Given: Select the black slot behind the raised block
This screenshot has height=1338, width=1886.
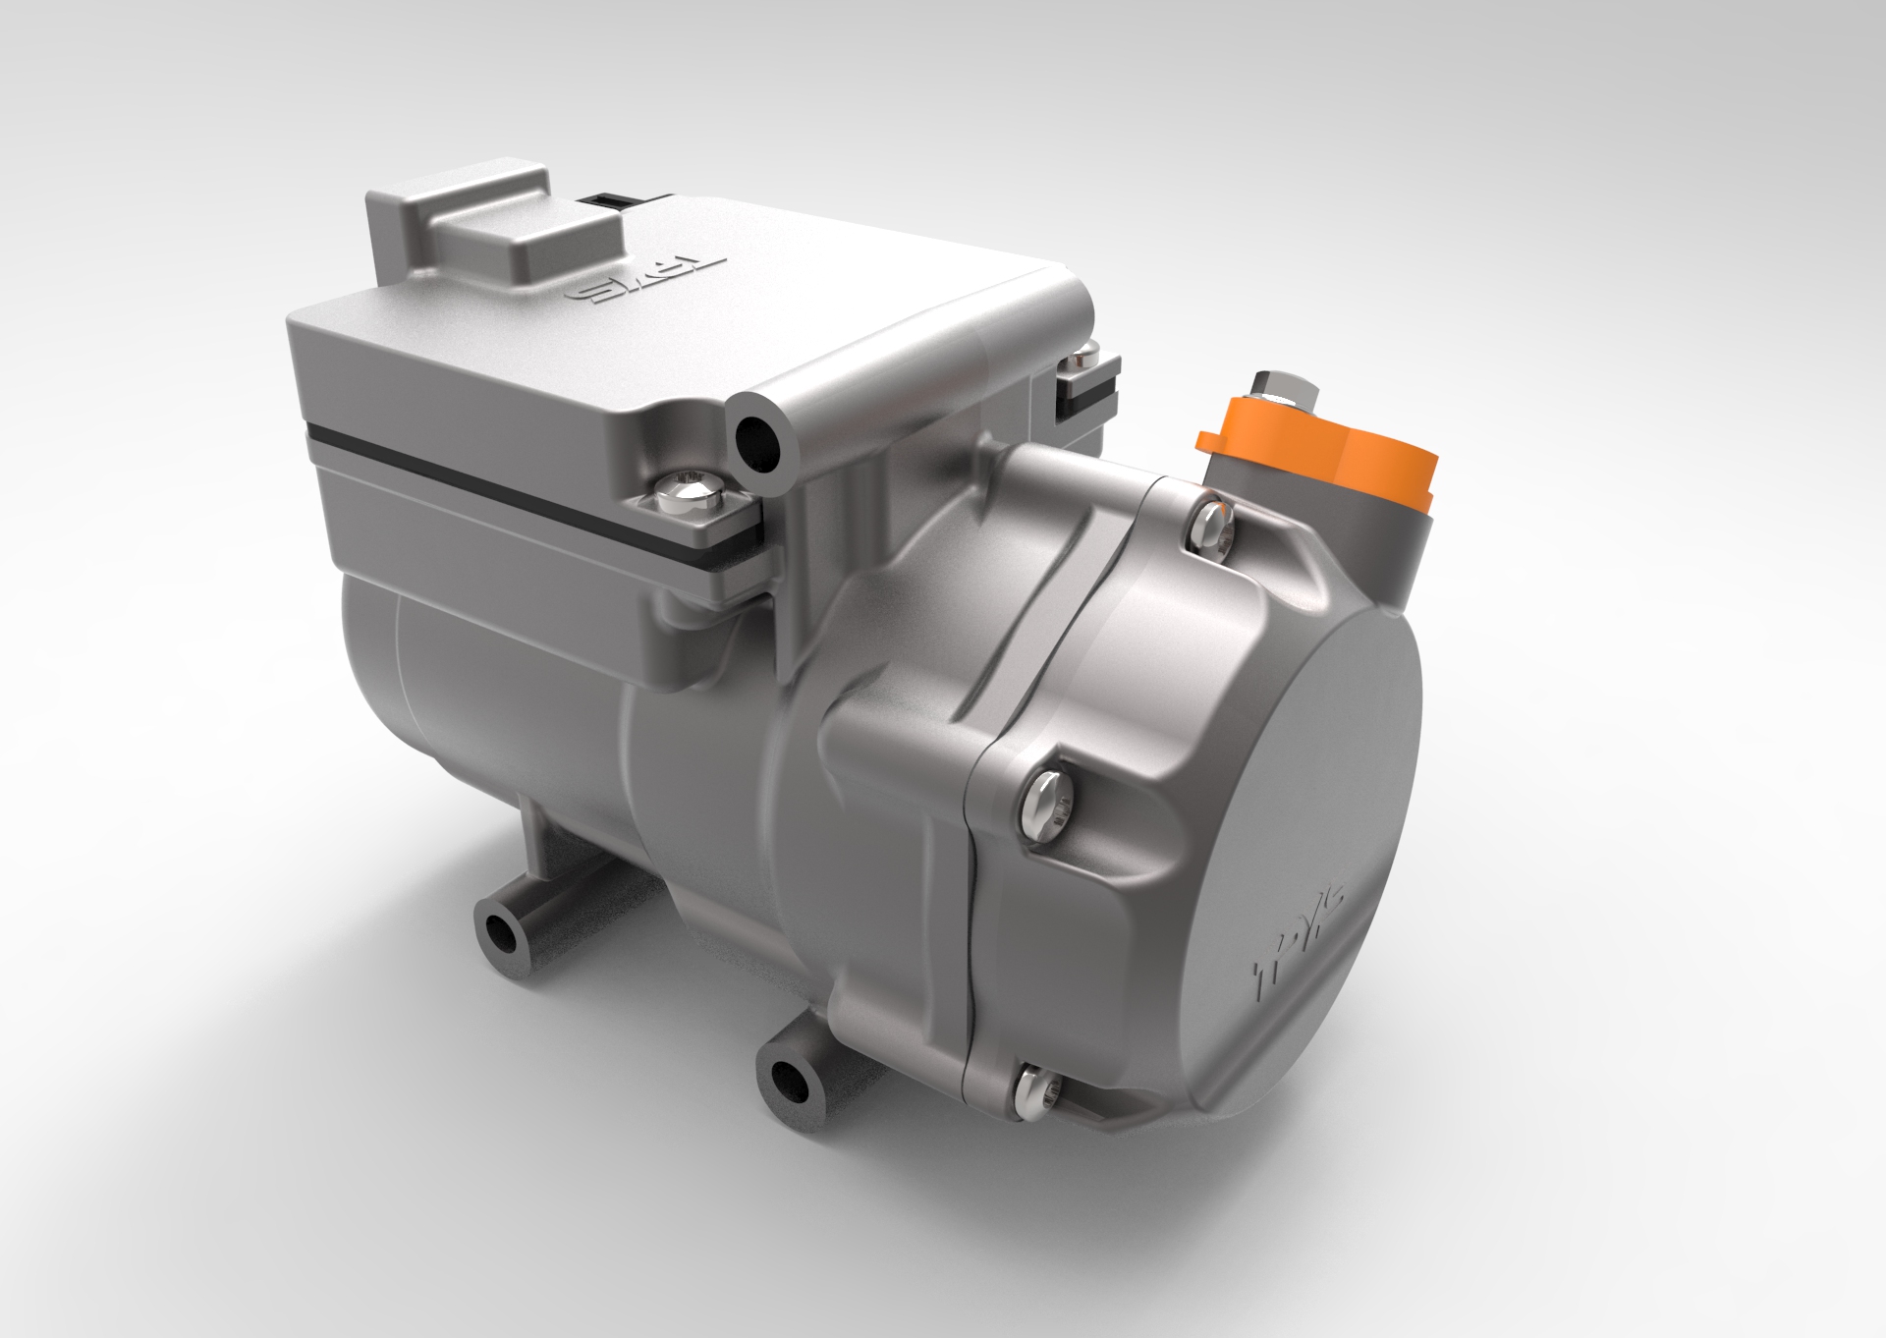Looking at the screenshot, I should pyautogui.click(x=603, y=200).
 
